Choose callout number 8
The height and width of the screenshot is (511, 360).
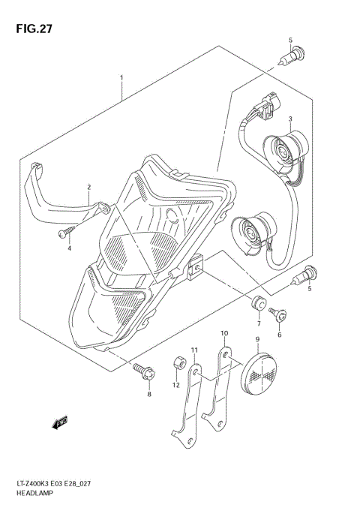[148, 393]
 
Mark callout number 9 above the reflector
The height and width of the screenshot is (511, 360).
[256, 339]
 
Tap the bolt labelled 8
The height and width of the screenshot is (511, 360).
[142, 369]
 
